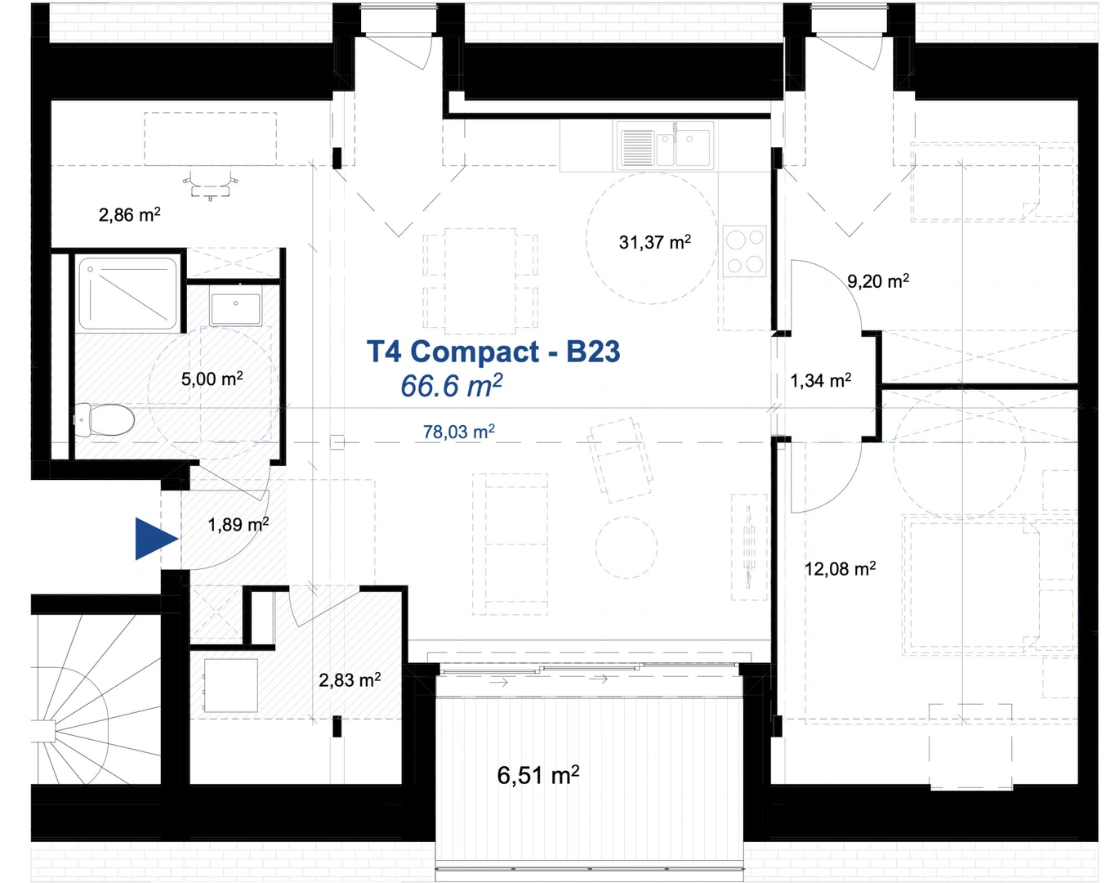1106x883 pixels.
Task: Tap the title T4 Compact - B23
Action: point(493,352)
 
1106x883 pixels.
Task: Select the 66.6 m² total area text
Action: point(451,385)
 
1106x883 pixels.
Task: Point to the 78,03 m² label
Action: point(458,432)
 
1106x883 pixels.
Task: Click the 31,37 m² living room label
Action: point(655,242)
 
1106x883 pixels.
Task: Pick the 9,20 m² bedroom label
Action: point(878,281)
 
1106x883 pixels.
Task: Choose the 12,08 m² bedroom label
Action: point(840,568)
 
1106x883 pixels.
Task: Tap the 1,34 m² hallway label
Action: point(820,381)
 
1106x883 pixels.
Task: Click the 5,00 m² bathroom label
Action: point(212,379)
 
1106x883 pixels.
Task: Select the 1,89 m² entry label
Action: point(238,525)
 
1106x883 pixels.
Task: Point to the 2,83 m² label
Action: point(350,680)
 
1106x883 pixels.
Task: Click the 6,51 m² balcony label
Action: point(538,775)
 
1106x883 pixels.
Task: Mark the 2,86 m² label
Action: point(130,214)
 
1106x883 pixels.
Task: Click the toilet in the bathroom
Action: point(105,420)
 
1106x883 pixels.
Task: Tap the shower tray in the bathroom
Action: point(127,294)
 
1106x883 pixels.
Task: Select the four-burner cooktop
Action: point(745,251)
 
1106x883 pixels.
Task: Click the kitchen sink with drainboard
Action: point(665,146)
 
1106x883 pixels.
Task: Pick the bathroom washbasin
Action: point(236,305)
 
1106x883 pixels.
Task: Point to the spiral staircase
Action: point(96,700)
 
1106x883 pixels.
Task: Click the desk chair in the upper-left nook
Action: point(210,184)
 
